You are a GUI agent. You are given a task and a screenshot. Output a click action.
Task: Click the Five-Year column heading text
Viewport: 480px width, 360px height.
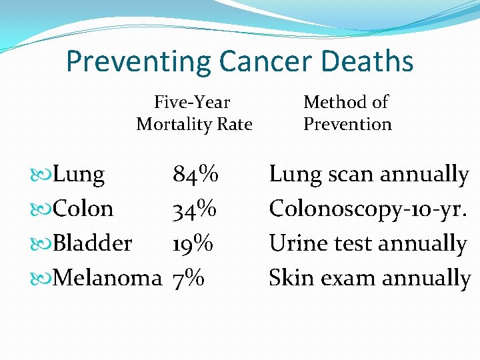192,102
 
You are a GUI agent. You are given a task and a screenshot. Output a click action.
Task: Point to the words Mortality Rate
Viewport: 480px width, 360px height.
194,124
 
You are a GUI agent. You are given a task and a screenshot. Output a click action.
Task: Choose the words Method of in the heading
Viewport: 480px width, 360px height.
345,102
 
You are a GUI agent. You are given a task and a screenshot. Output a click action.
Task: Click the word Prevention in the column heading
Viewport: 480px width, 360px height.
347,124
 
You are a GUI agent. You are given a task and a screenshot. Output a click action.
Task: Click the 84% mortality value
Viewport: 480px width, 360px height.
195,175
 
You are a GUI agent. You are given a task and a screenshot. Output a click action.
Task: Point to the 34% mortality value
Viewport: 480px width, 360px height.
195,209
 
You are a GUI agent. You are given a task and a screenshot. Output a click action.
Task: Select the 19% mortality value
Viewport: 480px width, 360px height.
193,243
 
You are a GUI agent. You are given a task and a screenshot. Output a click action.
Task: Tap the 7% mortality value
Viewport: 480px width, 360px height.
188,278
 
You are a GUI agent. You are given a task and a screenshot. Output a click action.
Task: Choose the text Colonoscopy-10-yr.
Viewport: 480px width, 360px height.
367,209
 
